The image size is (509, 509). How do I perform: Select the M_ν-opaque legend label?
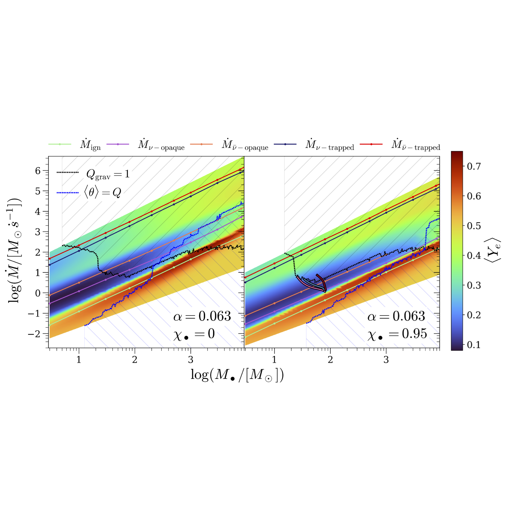pyautogui.click(x=161, y=145)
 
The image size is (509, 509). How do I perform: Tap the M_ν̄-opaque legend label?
pyautogui.click(x=245, y=145)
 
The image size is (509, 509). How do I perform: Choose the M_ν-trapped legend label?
pyautogui.click(x=330, y=145)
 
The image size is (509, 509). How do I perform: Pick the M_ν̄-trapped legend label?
pyautogui.click(x=415, y=145)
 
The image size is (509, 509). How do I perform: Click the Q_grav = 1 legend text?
pyautogui.click(x=108, y=174)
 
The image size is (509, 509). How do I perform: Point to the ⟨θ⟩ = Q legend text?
pyautogui.click(x=103, y=192)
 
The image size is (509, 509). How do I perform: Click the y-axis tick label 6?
pyautogui.click(x=38, y=171)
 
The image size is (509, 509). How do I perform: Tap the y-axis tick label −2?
pyautogui.click(x=34, y=334)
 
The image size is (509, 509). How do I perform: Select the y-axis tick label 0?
pyautogui.click(x=38, y=293)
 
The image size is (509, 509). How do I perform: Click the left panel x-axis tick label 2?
pyautogui.click(x=135, y=360)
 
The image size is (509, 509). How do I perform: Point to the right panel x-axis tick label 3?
pyautogui.click(x=386, y=360)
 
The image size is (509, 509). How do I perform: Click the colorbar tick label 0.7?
pyautogui.click(x=474, y=166)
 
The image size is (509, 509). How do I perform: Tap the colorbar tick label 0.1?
pyautogui.click(x=474, y=345)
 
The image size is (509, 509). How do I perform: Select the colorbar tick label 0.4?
pyautogui.click(x=474, y=256)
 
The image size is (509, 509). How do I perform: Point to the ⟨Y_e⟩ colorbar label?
pyautogui.click(x=492, y=250)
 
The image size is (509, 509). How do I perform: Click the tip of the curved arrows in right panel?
pyautogui.click(x=325, y=291)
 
